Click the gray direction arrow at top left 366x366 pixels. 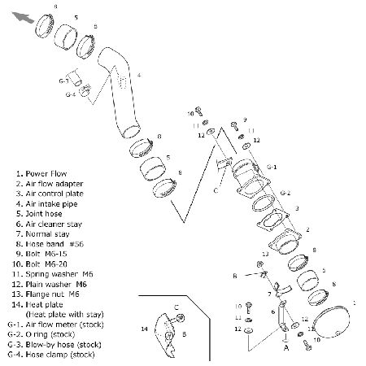pos(23,17)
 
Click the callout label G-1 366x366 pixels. pos(272,167)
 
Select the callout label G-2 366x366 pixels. pos(285,193)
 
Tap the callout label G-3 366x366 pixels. pos(63,81)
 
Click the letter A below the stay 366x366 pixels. pos(286,347)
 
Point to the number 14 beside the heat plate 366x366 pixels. pos(144,329)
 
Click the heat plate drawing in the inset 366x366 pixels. pos(165,335)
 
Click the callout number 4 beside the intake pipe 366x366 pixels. pos(139,75)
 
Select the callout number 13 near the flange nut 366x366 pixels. pos(265,254)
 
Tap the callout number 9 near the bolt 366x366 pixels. pos(245,120)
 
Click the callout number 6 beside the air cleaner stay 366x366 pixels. pos(273,312)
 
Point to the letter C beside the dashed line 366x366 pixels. pos(216,190)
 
